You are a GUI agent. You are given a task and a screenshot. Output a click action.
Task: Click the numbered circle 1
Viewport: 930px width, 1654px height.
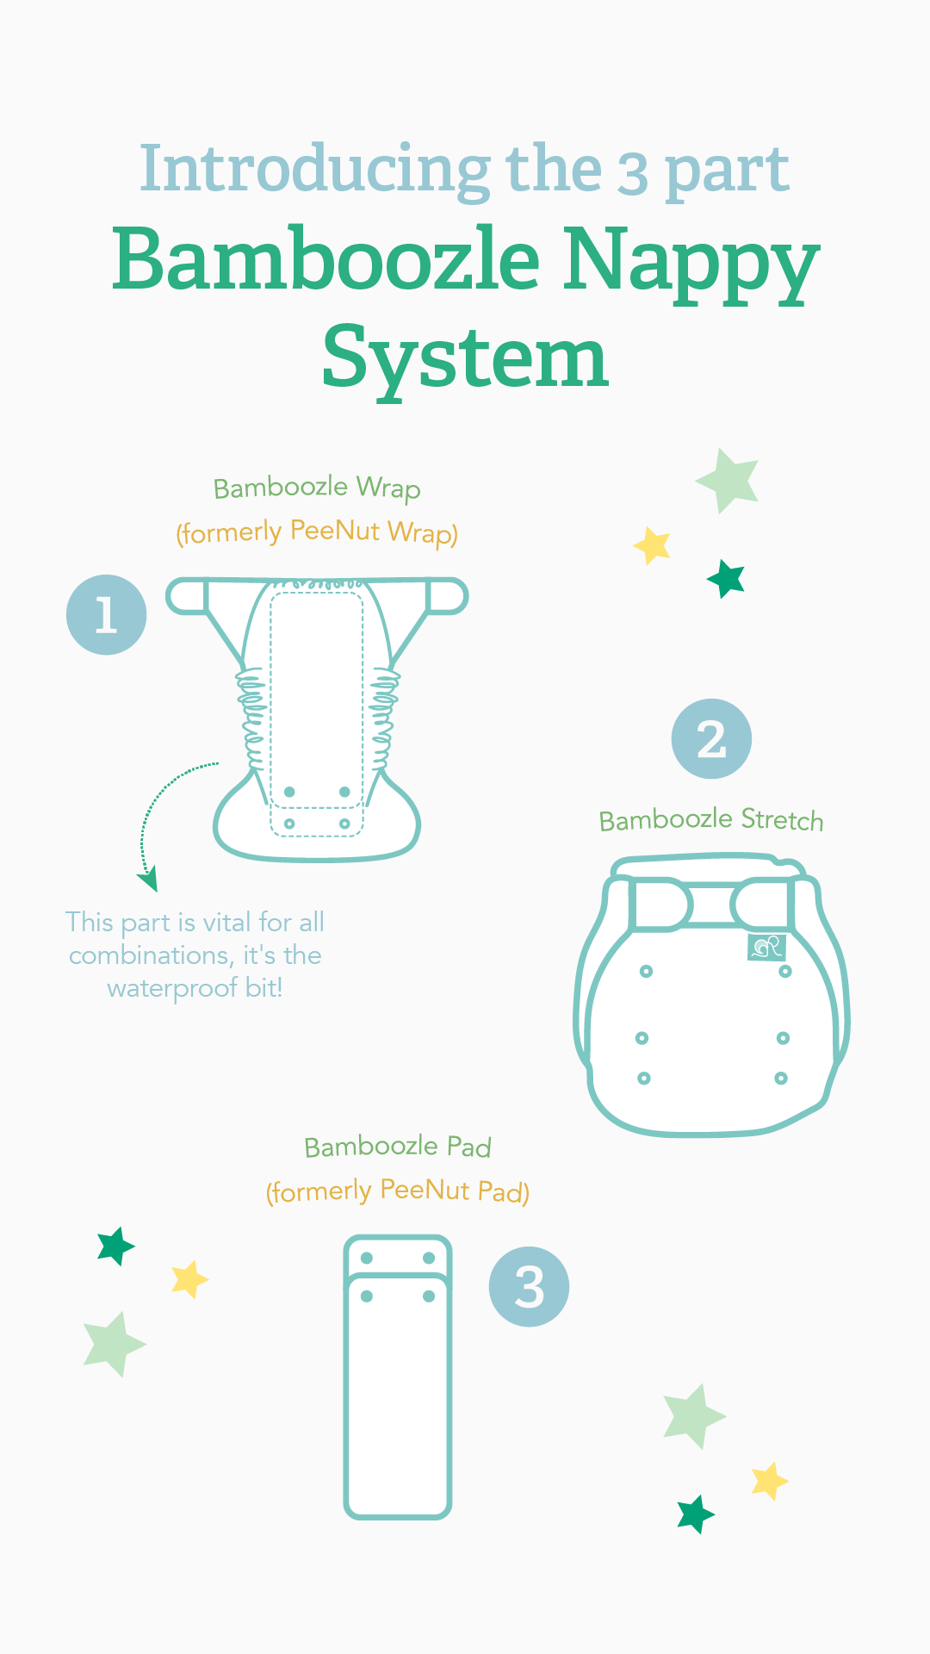point(106,615)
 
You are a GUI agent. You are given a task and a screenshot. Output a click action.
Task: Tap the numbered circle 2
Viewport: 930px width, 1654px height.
point(711,739)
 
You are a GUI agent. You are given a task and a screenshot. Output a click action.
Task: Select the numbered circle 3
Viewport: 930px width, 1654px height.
point(529,1287)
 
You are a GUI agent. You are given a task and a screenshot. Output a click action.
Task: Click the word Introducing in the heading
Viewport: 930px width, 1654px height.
point(315,171)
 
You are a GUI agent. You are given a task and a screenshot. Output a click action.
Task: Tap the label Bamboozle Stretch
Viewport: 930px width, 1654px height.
point(711,820)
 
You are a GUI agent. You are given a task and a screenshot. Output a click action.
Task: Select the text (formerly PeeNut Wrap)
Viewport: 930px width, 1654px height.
point(317,532)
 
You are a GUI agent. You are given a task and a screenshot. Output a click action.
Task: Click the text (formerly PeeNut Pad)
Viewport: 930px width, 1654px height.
point(398,1191)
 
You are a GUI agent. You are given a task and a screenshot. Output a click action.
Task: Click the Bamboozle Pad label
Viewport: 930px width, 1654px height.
point(398,1147)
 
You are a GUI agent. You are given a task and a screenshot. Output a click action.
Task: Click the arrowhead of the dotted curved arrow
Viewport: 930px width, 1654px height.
point(148,880)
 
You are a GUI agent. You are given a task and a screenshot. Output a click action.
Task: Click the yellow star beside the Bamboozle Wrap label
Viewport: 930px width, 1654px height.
point(653,545)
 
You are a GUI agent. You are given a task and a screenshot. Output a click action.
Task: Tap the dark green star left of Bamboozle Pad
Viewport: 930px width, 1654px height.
point(115,1247)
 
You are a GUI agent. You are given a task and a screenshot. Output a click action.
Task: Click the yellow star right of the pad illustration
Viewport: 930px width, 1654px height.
point(769,1481)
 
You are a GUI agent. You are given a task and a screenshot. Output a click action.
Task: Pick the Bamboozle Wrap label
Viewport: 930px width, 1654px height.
point(317,488)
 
